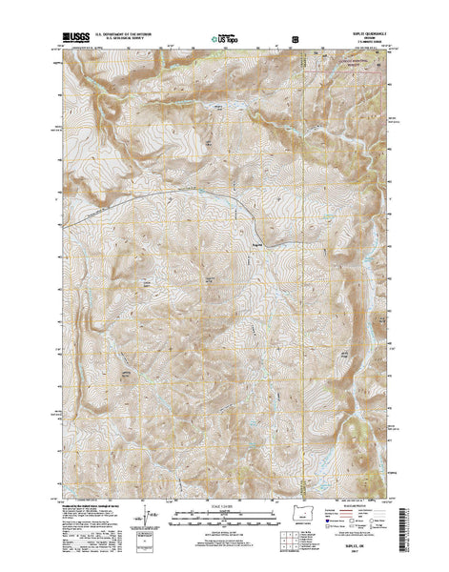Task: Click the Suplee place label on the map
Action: click(x=256, y=243)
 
